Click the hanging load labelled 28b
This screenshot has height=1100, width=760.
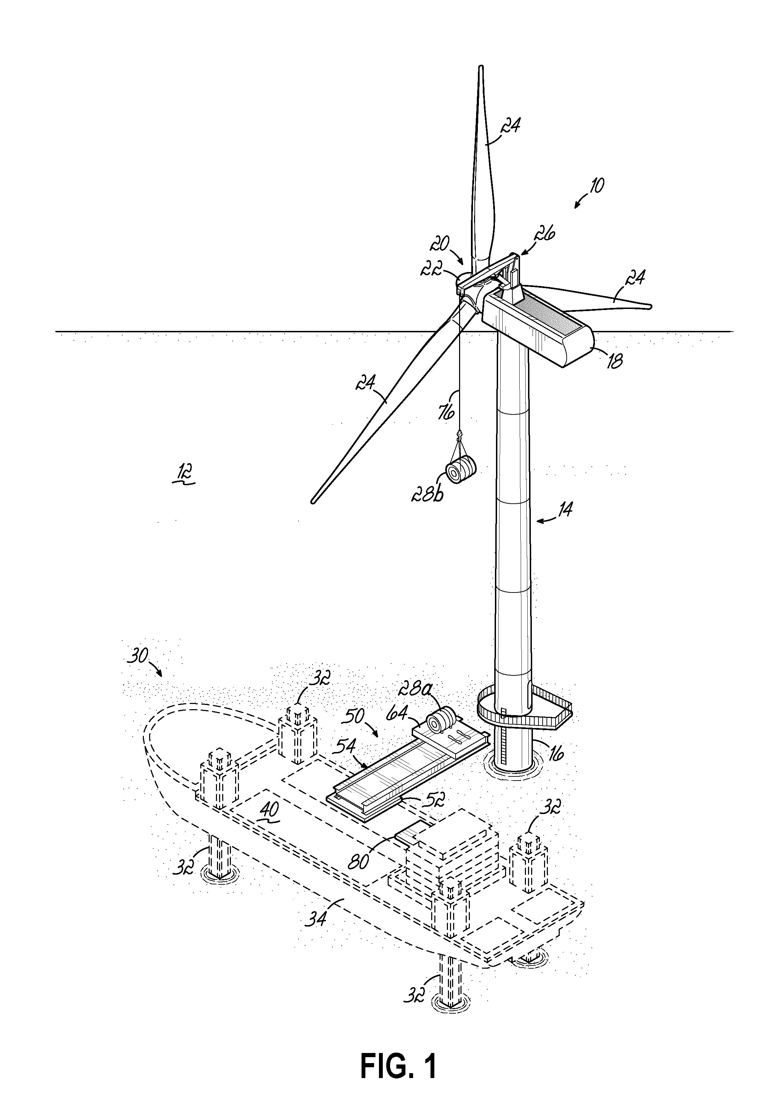(x=461, y=470)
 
